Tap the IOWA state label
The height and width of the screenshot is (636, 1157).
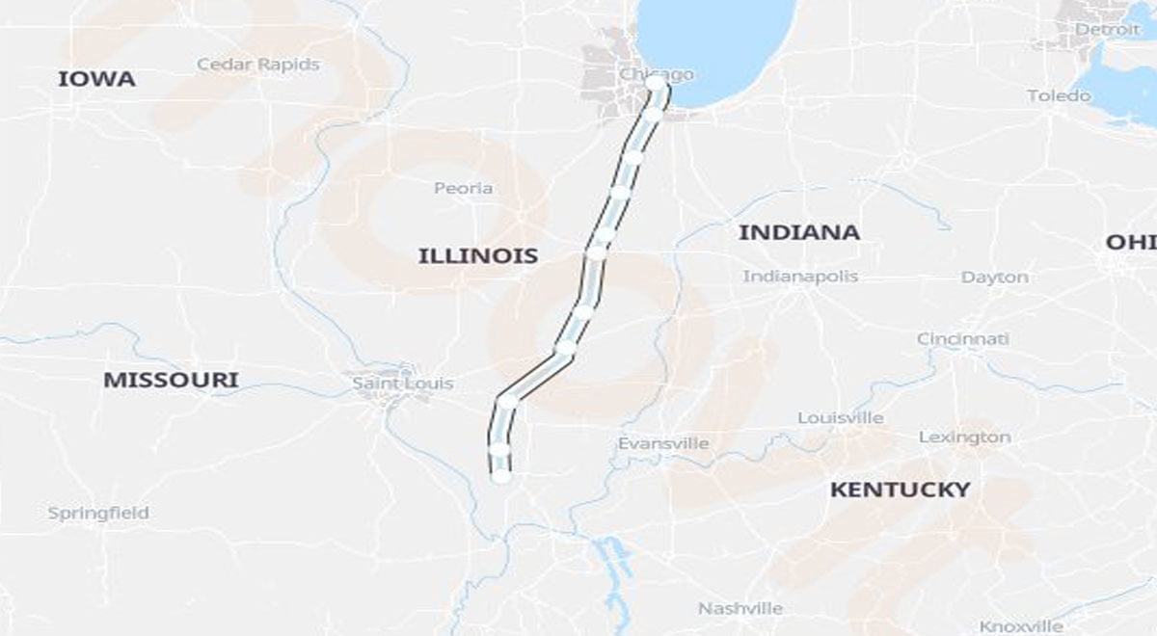coord(96,79)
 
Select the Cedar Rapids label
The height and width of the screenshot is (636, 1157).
coord(257,65)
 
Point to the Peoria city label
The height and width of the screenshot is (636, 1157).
coord(463,188)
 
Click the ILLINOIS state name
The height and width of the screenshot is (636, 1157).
coord(477,256)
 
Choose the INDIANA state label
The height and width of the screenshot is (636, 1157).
coord(798,232)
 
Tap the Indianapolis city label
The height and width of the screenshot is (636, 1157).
coord(800,277)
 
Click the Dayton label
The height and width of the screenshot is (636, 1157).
coord(994,278)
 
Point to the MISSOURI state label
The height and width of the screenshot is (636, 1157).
coord(171,380)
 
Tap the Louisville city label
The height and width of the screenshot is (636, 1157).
coord(840,418)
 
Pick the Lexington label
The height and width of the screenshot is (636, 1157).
coord(964,437)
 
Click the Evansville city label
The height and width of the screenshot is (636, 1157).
coord(663,443)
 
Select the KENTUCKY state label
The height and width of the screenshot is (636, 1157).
coord(900,490)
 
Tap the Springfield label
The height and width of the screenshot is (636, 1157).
coord(98,513)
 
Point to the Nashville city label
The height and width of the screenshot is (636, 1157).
coord(740,608)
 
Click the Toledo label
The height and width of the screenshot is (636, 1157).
coord(1059,95)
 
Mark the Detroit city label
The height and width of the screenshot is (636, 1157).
coord(1106,30)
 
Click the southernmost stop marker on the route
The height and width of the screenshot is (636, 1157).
coord(500,474)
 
